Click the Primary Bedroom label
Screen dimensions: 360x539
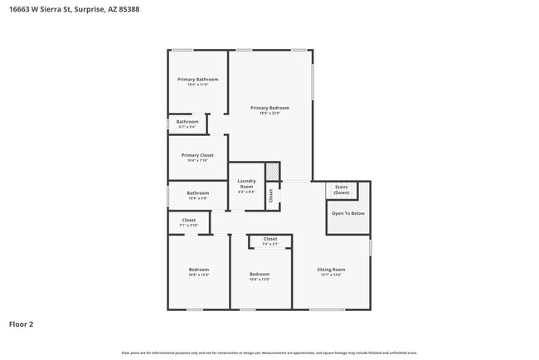pyautogui.click(x=270, y=108)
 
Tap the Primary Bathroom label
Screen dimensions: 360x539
pyautogui.click(x=197, y=80)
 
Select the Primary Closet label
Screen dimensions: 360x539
pyautogui.click(x=197, y=155)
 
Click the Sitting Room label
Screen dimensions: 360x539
pyautogui.click(x=331, y=270)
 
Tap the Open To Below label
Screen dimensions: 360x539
pyautogui.click(x=347, y=213)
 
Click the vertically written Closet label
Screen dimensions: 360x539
pyautogui.click(x=270, y=196)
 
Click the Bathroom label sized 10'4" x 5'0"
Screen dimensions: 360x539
pyautogui.click(x=197, y=193)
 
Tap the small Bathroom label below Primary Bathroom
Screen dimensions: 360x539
pyautogui.click(x=187, y=122)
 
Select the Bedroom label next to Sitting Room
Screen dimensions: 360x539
pyautogui.click(x=260, y=274)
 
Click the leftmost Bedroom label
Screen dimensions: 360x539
pyautogui.click(x=198, y=270)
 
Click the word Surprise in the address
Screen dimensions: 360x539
pyautogui.click(x=90, y=8)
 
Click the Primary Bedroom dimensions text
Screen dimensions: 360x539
pyautogui.click(x=270, y=114)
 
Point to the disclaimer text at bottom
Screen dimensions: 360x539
pyautogui.click(x=269, y=353)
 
